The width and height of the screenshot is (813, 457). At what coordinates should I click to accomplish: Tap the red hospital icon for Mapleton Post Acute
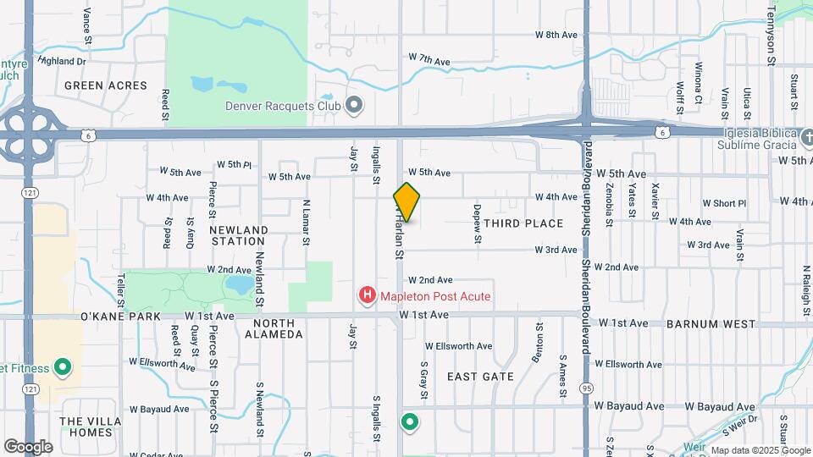pyautogui.click(x=368, y=295)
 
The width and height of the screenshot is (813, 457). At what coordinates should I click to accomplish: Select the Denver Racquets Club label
pyautogui.click(x=271, y=106)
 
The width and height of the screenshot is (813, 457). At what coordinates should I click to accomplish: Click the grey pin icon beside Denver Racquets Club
pyautogui.click(x=354, y=106)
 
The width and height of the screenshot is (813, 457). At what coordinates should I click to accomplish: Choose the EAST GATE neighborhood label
pyautogui.click(x=475, y=376)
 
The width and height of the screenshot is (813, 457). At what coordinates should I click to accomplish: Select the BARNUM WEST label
pyautogui.click(x=710, y=324)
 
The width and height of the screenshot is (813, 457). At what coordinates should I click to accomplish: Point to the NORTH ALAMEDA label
pyautogui.click(x=273, y=328)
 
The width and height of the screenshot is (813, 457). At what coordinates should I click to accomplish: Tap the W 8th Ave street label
pyautogui.click(x=556, y=35)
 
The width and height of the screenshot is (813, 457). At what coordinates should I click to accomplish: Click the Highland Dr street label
pyautogui.click(x=63, y=61)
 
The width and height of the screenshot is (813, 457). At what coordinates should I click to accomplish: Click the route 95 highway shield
pyautogui.click(x=585, y=388)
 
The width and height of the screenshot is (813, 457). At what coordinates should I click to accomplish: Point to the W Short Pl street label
pyautogui.click(x=729, y=203)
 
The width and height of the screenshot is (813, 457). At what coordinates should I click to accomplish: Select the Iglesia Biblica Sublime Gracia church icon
pyautogui.click(x=807, y=137)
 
